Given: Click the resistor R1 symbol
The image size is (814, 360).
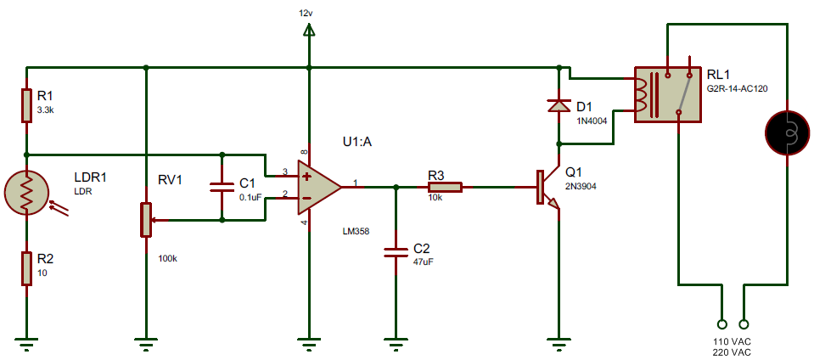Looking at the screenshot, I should coord(27,106).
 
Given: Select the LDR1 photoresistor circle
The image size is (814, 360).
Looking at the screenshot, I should coord(27,194).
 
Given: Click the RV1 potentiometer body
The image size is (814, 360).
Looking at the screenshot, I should coord(147,219).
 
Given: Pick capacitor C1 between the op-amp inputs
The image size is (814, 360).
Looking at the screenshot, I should coord(222,187).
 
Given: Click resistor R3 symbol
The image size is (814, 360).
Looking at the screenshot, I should coord(445,187).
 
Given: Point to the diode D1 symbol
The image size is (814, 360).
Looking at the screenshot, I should coord(558,106).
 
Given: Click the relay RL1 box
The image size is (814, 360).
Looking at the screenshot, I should coord(667,93).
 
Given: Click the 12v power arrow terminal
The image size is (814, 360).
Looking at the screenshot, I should coord(309,31).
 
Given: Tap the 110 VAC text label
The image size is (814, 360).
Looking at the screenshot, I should coord(732,340).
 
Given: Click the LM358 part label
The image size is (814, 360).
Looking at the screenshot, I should coord(356,230).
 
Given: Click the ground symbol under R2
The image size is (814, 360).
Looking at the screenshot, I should coord(27,343).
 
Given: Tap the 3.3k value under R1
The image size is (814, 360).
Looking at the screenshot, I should coord(46,111).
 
